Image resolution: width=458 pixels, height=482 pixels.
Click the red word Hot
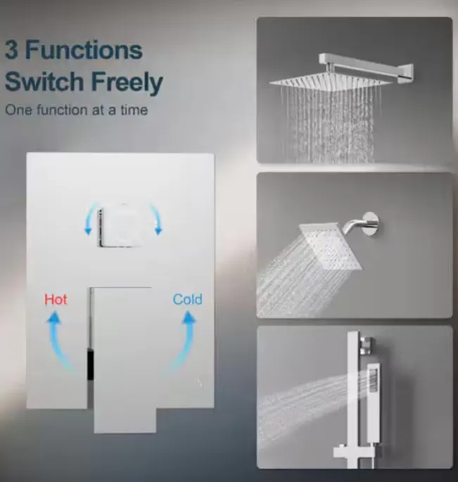(x=56, y=299)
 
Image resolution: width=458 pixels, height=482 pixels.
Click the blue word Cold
(x=188, y=299)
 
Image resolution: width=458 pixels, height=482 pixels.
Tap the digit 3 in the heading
(x=11, y=50)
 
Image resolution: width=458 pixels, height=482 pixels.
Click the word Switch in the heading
(x=44, y=81)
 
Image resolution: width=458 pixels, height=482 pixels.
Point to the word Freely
(x=127, y=82)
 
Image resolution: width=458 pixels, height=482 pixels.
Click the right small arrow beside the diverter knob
(x=157, y=218)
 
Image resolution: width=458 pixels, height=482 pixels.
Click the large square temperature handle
(x=123, y=360)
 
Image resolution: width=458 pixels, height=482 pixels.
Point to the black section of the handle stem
(x=90, y=365)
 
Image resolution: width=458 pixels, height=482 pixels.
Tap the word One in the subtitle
(x=19, y=110)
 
